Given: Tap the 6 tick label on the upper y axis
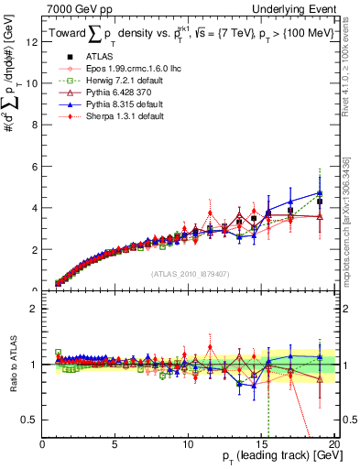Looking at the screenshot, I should click(x=33, y=166).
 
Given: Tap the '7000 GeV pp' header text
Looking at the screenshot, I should click(x=77, y=8).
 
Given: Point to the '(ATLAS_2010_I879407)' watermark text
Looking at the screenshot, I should click(x=190, y=273).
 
